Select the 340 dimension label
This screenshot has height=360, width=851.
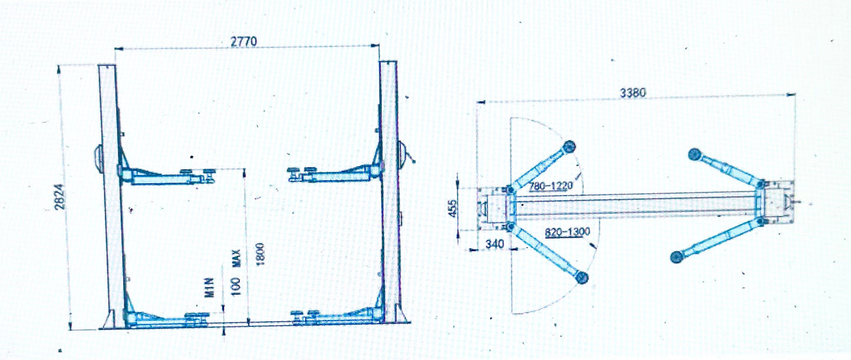[x=494, y=243]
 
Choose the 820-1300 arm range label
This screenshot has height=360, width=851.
[x=568, y=232]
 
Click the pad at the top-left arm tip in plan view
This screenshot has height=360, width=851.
[x=568, y=146]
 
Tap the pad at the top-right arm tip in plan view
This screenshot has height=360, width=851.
[x=694, y=155]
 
